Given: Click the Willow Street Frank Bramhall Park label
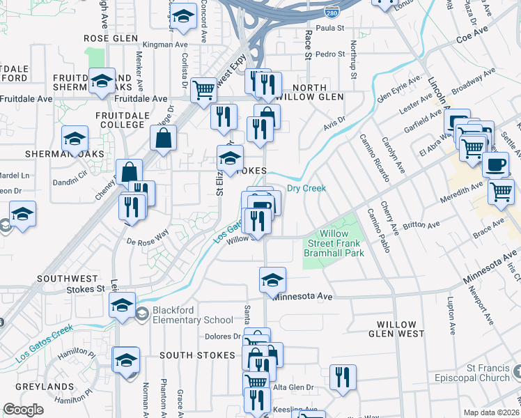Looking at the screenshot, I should click(x=334, y=244).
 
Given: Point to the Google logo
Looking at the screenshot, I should click(x=22, y=410).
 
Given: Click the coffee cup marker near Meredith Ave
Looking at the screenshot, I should click(x=495, y=165).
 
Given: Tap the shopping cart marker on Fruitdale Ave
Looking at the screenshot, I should click(x=203, y=89).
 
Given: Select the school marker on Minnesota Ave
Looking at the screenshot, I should click(x=272, y=280).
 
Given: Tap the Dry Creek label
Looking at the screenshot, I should click(x=306, y=189).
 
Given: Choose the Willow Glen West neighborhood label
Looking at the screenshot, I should click(x=406, y=330).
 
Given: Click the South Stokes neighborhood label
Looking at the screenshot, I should click(x=197, y=355).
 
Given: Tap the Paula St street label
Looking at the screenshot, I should click(x=332, y=28).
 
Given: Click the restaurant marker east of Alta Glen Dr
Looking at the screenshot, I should click(x=343, y=377).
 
